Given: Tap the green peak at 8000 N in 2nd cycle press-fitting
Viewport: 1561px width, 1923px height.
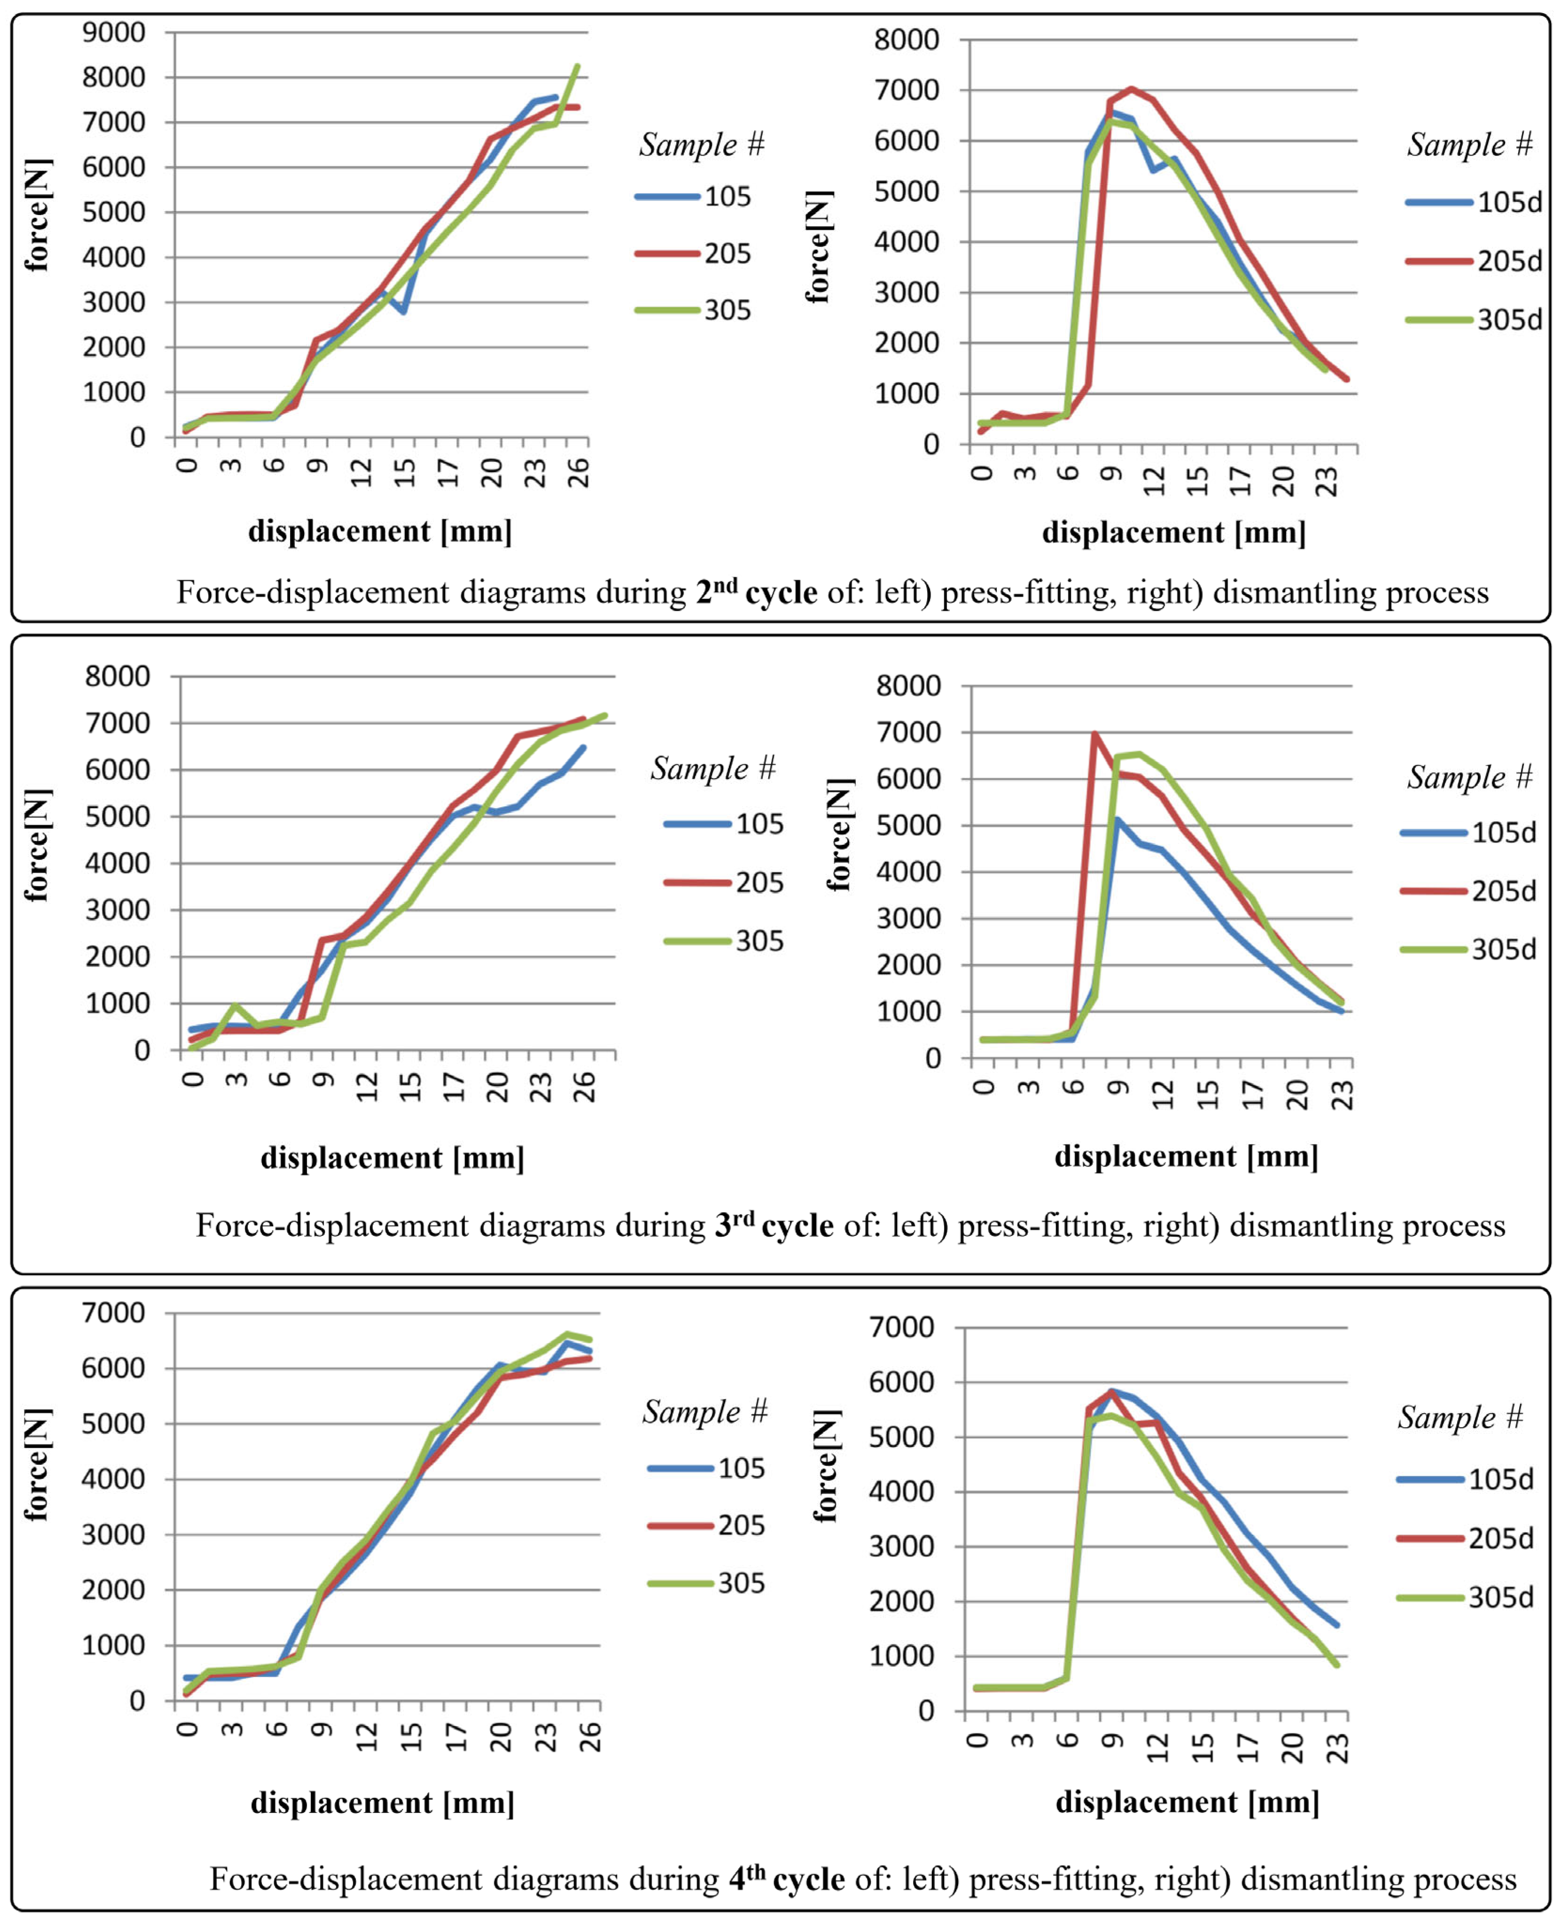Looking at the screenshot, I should tap(576, 66).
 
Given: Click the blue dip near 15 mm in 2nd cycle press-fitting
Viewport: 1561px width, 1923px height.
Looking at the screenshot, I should tap(404, 311).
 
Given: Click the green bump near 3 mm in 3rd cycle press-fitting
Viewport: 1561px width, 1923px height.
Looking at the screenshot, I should tap(235, 1006).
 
